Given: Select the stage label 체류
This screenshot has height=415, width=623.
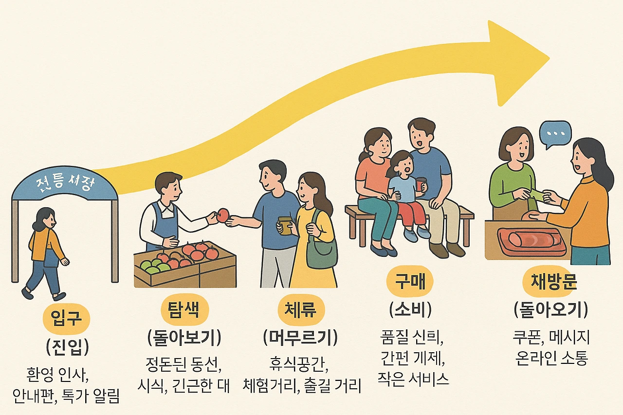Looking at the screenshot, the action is (x=300, y=308).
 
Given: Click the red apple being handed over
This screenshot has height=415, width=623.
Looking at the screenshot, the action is (x=223, y=215).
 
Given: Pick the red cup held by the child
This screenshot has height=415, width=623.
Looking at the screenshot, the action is (x=421, y=185).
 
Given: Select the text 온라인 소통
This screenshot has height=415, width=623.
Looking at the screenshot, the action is (x=550, y=359).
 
